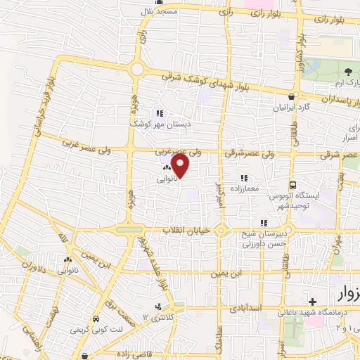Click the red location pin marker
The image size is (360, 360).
click(181, 165)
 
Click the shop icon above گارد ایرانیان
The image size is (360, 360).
click(292, 96)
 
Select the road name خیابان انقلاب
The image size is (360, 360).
click(186, 231)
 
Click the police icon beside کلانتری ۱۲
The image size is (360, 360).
click(158, 306)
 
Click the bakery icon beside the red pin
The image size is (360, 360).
click(166, 168)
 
